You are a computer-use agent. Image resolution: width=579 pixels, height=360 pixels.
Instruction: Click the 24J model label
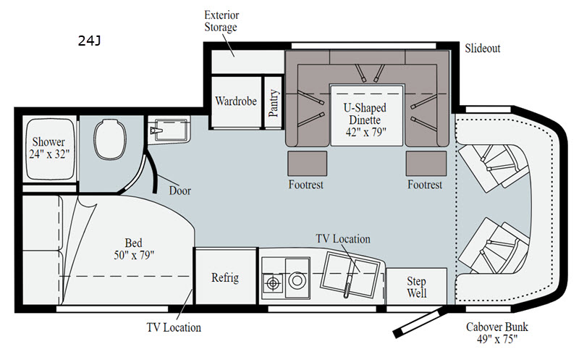coord(89,41)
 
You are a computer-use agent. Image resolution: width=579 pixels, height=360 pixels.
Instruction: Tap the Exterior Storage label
coord(221,21)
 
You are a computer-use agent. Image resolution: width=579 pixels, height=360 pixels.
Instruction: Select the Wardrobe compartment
coord(236,101)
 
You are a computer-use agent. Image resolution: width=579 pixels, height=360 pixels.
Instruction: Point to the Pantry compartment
coord(274,102)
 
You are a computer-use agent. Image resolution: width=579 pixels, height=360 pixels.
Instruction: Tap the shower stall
coord(49,149)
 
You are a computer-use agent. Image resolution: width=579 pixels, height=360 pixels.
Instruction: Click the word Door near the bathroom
coord(179,191)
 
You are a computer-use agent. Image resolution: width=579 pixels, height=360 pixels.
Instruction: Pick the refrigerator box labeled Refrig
coord(225,277)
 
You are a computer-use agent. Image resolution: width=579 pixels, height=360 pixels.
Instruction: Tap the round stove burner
coord(297,280)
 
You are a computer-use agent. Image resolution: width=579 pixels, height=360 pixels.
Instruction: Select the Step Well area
coord(417,286)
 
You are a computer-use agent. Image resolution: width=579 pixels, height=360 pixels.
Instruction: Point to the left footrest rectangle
coord(307,163)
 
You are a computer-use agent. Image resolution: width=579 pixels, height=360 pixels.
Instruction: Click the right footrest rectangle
coord(426,163)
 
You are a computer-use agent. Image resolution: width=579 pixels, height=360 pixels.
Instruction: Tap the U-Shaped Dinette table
coord(366,115)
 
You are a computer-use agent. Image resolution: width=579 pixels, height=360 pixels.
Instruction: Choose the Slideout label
coord(482,49)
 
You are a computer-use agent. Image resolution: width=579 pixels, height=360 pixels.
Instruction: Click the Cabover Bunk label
coord(497,332)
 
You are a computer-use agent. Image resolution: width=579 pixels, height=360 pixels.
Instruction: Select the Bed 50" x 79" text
coord(134,248)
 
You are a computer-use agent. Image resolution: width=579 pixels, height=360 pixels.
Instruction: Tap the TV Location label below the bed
coord(174,327)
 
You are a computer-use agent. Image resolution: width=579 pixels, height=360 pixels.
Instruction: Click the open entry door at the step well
coord(419,322)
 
